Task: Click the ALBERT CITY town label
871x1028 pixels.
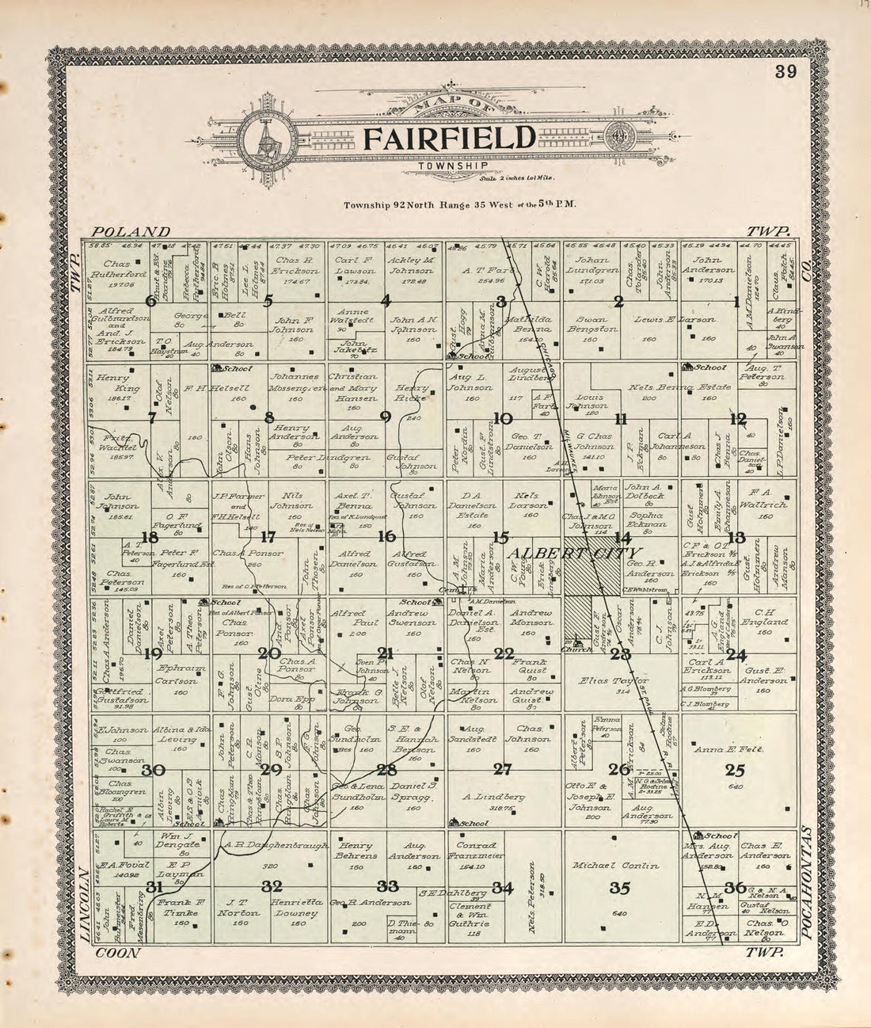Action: [x=575, y=553]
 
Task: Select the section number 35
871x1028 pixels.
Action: [x=620, y=887]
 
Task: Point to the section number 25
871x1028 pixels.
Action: [x=735, y=769]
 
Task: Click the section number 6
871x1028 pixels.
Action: [x=151, y=300]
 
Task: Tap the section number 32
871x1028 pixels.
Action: [x=272, y=885]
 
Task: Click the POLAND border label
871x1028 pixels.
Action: [x=131, y=231]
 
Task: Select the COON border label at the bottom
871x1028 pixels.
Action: [x=116, y=954]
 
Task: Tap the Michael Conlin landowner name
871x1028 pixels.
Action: [x=622, y=866]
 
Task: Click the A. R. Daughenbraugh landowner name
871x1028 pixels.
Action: [x=276, y=845]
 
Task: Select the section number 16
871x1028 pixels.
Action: [x=386, y=536]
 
